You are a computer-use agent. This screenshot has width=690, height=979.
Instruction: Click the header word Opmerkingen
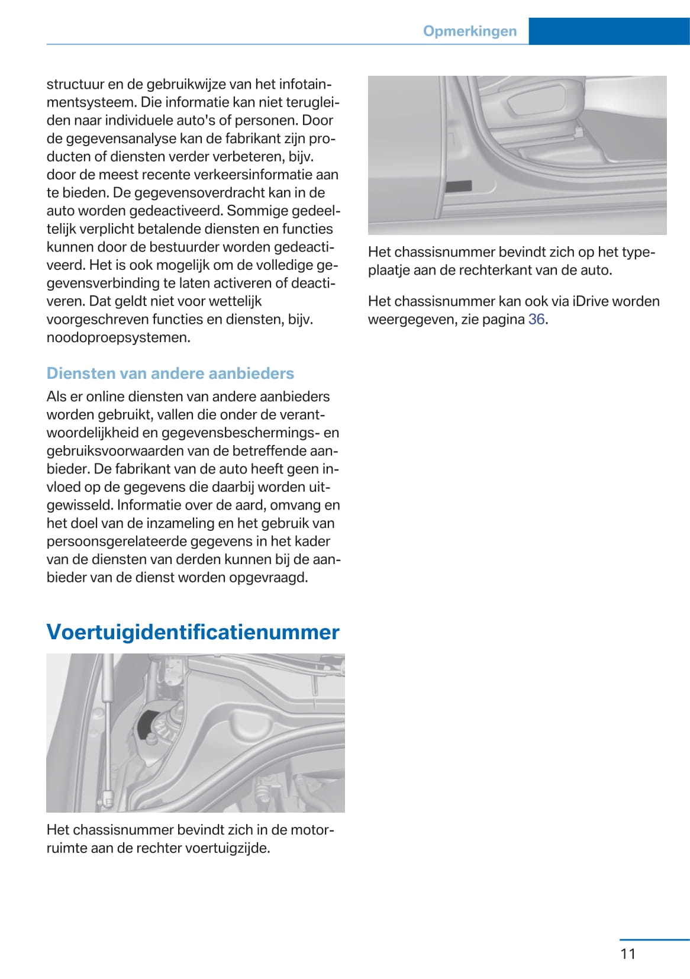(469, 31)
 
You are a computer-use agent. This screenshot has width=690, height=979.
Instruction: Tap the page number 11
(628, 954)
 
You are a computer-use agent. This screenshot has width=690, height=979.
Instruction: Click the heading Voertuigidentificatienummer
(193, 632)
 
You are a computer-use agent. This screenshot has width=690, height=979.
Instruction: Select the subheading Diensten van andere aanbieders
(170, 373)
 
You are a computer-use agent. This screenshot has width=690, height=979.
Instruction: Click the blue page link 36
(536, 320)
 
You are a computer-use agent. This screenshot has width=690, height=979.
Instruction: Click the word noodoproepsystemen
(118, 338)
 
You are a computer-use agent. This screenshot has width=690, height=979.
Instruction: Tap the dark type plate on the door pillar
(459, 186)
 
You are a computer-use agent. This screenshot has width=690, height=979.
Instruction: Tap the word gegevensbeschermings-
(241, 433)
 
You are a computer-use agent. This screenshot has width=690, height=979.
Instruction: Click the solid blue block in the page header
(609, 31)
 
